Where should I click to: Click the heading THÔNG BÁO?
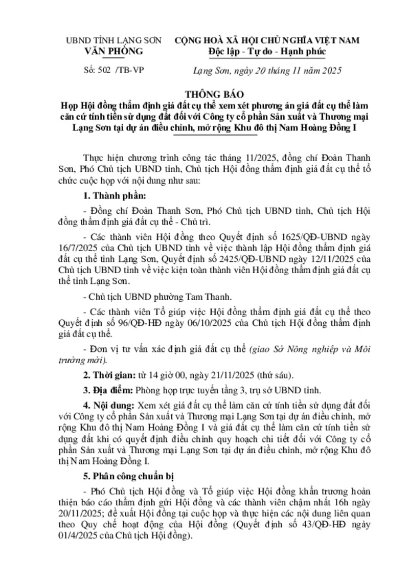pyautogui.click(x=204, y=95)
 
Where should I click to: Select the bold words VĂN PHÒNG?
pyautogui.click(x=114, y=51)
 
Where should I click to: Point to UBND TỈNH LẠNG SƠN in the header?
pyautogui.click(x=113, y=40)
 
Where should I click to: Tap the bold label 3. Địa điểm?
pyautogui.click(x=107, y=390)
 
